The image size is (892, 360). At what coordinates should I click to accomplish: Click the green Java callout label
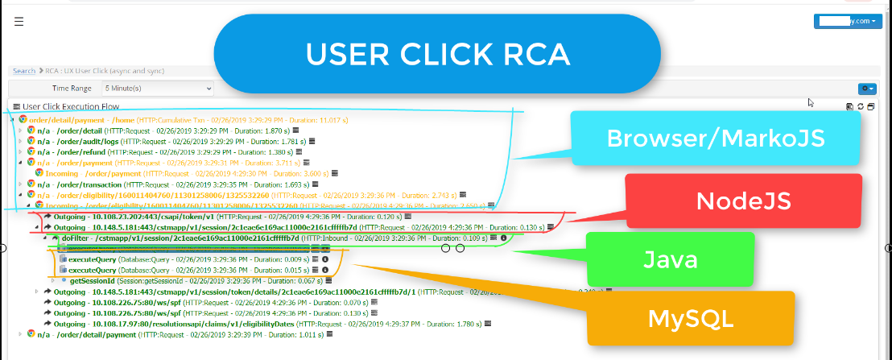(x=670, y=259)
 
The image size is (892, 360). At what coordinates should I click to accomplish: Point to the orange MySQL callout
(x=692, y=319)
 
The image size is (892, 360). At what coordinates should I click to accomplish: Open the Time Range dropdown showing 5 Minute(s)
(x=157, y=88)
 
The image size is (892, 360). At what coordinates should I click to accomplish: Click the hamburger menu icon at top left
(x=19, y=22)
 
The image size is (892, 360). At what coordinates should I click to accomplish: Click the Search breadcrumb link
(x=23, y=71)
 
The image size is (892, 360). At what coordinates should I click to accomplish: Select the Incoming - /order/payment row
(x=89, y=172)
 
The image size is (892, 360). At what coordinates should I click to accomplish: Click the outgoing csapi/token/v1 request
(x=129, y=217)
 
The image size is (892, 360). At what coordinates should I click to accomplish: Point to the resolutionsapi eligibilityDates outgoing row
(x=201, y=323)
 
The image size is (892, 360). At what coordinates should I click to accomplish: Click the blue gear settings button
(x=867, y=88)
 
